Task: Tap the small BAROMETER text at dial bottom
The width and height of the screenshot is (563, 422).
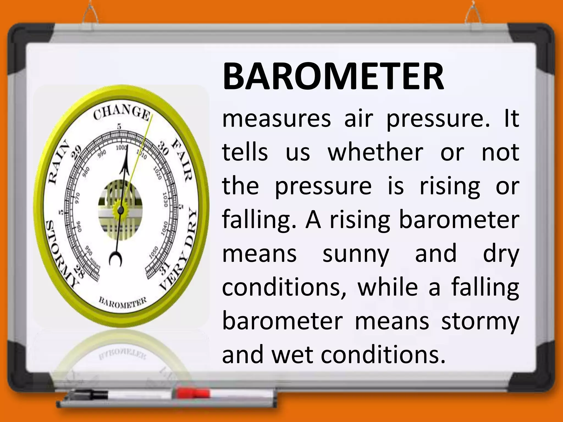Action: coord(123,303)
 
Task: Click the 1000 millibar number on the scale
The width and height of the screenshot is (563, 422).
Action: coord(121,148)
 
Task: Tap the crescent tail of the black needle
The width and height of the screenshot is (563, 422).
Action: coord(115,259)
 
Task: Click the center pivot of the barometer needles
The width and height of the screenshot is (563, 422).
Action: coord(121,210)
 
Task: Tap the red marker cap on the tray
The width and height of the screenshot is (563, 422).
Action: coord(192,393)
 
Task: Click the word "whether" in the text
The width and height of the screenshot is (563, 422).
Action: coord(376,152)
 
